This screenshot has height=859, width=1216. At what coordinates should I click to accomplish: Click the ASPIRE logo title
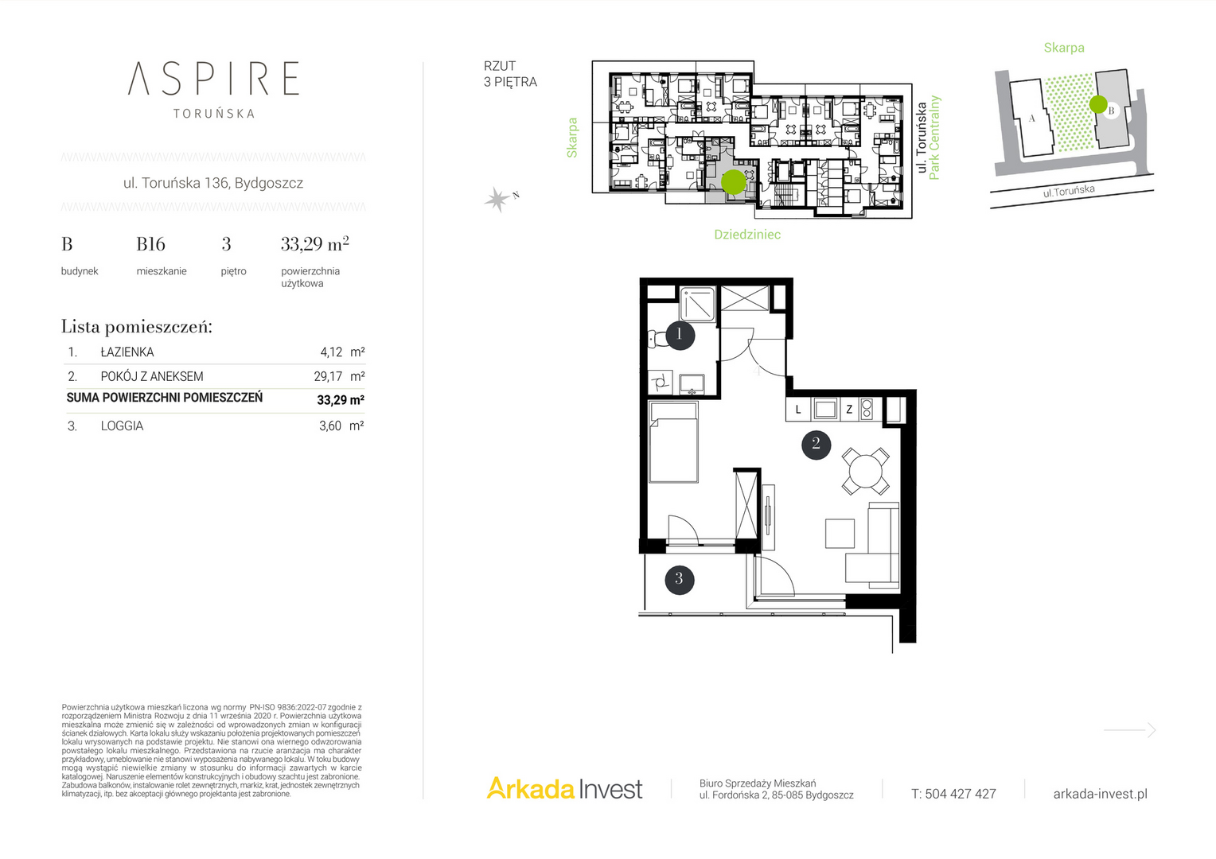(213, 78)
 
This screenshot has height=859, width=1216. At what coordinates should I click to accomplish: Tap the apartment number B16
(150, 244)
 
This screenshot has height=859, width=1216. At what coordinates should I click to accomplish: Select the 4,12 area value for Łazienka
(331, 352)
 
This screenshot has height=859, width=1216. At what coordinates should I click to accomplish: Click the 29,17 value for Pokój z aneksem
(328, 376)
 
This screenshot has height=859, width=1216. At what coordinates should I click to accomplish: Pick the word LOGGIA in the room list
(122, 426)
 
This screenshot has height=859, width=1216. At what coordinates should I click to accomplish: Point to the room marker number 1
(680, 335)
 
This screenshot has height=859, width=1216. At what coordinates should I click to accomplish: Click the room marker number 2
(816, 445)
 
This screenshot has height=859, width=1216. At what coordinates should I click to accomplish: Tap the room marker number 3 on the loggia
(679, 580)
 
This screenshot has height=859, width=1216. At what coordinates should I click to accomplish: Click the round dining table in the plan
(865, 471)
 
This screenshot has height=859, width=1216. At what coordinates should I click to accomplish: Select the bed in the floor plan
(673, 441)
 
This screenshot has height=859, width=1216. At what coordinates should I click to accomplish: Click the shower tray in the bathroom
(698, 305)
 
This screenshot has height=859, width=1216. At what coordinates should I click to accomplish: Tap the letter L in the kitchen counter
(798, 410)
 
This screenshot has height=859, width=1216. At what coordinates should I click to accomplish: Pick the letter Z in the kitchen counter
(849, 410)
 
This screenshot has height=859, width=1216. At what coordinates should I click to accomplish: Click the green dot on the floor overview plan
(733, 182)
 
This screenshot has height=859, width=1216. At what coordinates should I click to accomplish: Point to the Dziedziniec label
(747, 235)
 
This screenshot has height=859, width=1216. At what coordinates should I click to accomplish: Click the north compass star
(497, 199)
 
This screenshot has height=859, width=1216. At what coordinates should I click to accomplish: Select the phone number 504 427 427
(961, 794)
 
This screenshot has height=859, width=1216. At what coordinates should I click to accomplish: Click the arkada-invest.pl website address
(1101, 794)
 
